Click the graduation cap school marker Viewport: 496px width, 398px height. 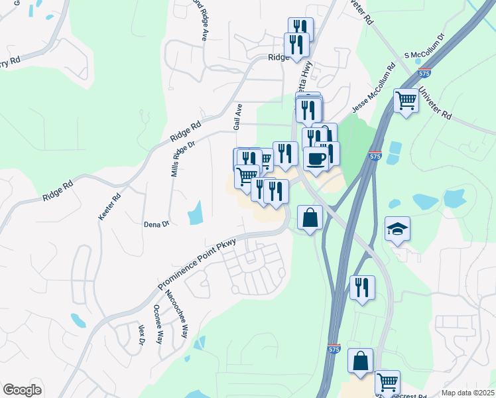(397, 230)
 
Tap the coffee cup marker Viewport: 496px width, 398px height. (316, 159)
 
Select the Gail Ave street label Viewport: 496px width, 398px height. (238, 116)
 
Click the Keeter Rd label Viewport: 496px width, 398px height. (110, 207)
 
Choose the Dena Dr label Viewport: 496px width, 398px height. (156, 224)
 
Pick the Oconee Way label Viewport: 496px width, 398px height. (158, 324)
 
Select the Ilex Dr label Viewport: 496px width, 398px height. (141, 334)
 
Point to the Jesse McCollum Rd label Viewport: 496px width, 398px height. (373, 89)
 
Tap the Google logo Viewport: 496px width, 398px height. (22, 390)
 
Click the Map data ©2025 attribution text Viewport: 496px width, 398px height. (467, 393)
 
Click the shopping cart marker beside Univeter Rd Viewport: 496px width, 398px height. (406, 101)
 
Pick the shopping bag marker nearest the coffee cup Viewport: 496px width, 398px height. (310, 217)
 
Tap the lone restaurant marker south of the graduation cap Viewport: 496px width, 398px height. (362, 288)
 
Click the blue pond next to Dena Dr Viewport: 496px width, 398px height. (196, 213)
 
